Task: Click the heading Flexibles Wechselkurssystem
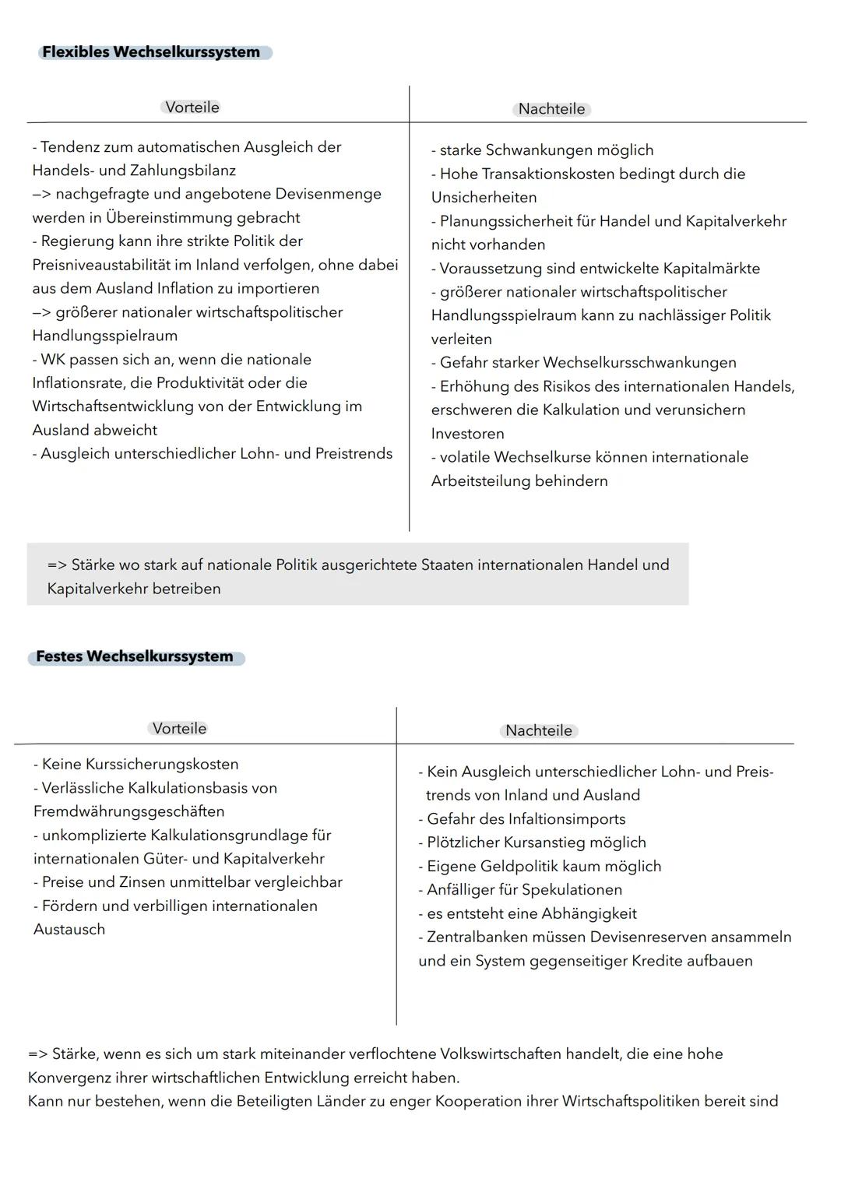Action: (x=151, y=52)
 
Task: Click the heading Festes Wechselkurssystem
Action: (x=135, y=656)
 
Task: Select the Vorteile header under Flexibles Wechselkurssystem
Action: (x=192, y=107)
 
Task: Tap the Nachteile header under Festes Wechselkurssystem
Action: (x=539, y=730)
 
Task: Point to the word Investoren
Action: (x=467, y=434)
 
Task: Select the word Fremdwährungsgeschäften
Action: (x=128, y=811)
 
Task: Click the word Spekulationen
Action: (x=574, y=890)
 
